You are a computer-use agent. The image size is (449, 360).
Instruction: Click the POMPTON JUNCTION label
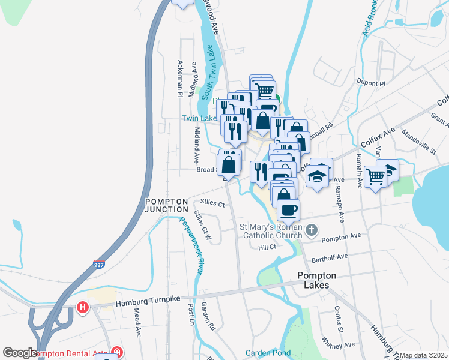click(x=166, y=205)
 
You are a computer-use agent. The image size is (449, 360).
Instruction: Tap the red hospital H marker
click(x=83, y=308)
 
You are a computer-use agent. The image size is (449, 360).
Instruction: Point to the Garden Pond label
click(x=268, y=353)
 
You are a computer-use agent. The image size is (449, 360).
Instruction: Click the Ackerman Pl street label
click(x=179, y=78)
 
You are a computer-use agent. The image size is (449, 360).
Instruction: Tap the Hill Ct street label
click(x=267, y=247)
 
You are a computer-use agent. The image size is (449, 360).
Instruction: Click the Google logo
click(x=20, y=353)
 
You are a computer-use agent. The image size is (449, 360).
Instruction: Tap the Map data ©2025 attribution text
click(x=423, y=355)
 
